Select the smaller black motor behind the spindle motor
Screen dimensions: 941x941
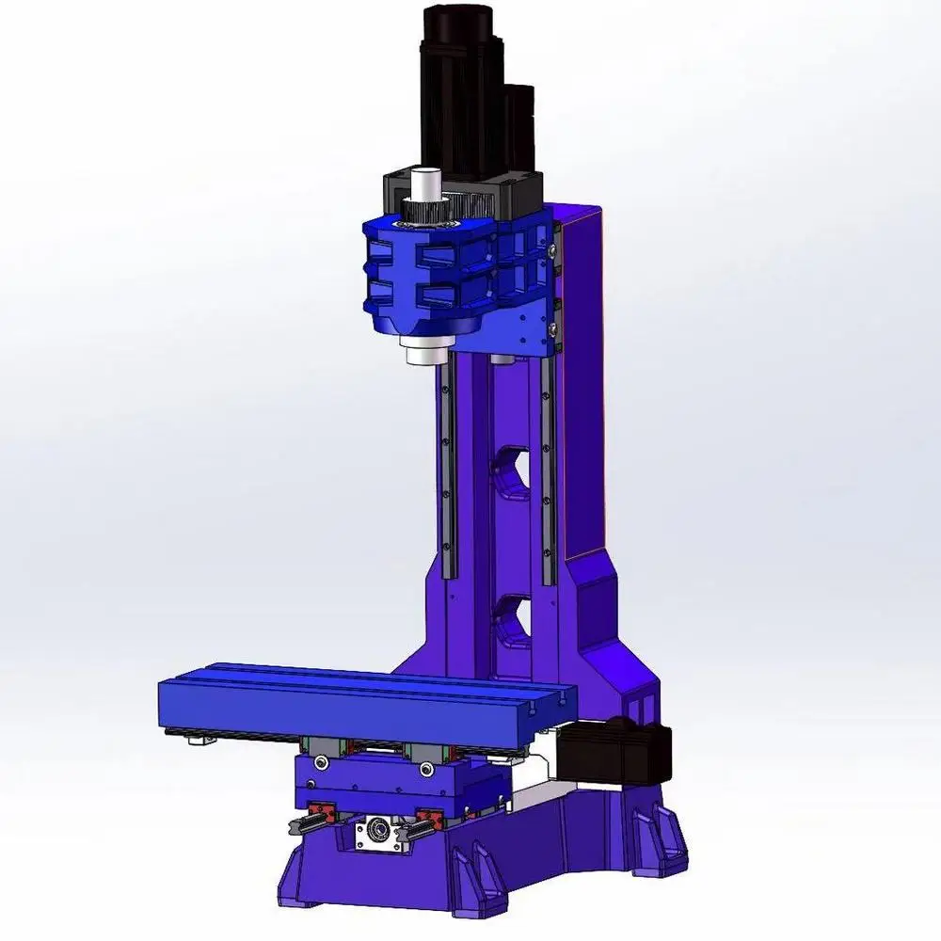[518, 132]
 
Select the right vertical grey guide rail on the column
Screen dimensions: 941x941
[548, 470]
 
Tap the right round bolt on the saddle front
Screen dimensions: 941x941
[427, 770]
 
